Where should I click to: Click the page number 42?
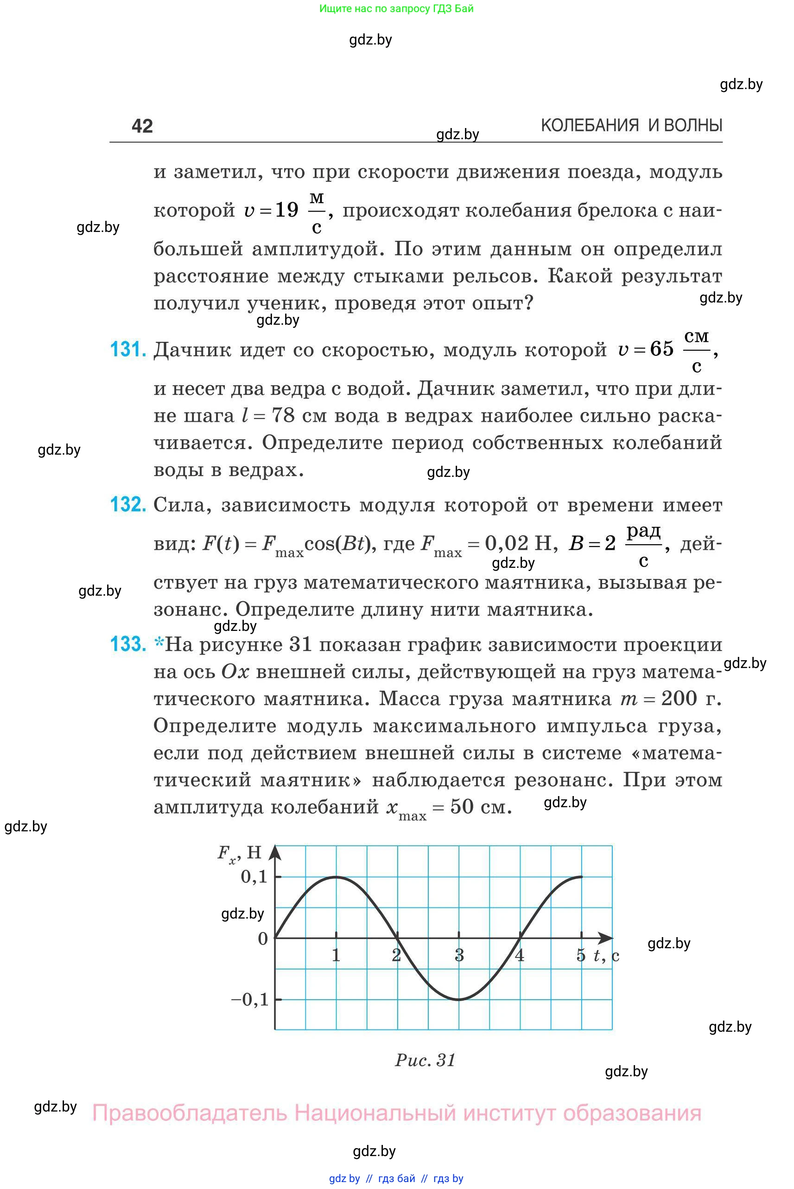point(142,126)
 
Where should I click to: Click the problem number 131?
point(128,349)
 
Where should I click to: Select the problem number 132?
point(128,504)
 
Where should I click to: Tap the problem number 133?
point(128,644)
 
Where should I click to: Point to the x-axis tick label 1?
point(336,956)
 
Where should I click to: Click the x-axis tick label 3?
point(459,956)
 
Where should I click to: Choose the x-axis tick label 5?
point(581,956)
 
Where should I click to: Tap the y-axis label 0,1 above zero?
point(254,877)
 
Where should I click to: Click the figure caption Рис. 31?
point(426,1060)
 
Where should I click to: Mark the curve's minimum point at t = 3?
point(459,1000)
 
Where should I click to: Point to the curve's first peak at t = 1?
point(336,877)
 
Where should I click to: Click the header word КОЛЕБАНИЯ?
point(590,126)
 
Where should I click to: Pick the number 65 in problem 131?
point(662,349)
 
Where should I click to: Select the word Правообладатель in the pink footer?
point(190,1113)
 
